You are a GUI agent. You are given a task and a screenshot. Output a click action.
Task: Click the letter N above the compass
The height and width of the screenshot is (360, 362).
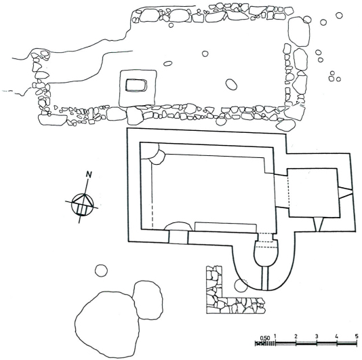(x=89, y=174)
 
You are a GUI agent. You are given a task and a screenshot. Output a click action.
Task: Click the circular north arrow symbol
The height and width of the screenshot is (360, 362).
(x=83, y=205)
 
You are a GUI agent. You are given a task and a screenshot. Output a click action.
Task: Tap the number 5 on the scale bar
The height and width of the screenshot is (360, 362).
(x=357, y=336)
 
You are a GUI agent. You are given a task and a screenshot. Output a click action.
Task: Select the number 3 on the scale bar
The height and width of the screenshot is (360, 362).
(x=317, y=336)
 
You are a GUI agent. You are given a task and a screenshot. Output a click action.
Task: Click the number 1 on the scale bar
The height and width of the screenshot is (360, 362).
(x=275, y=336)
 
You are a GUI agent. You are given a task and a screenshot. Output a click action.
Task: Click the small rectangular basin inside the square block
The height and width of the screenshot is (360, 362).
(x=136, y=85)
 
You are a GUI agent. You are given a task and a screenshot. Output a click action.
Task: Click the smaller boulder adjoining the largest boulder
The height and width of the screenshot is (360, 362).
(x=148, y=300)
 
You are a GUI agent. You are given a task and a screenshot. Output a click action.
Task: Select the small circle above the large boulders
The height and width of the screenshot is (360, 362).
(x=101, y=271)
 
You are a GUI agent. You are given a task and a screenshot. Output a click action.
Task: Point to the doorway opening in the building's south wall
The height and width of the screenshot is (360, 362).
(x=178, y=237)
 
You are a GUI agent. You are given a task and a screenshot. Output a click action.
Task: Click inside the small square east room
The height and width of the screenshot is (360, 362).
(x=313, y=193)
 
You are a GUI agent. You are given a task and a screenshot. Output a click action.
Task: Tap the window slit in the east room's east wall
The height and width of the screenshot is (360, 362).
(x=345, y=193)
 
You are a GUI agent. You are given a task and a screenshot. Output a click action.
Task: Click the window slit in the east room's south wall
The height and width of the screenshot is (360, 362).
(x=318, y=224)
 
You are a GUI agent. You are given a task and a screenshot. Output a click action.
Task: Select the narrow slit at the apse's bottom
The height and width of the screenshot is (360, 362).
(x=265, y=278)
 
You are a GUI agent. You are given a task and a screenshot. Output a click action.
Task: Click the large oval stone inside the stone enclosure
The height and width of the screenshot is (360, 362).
(x=231, y=84)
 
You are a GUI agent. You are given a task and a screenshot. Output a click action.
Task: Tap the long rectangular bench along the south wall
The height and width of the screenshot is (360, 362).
(x=226, y=226)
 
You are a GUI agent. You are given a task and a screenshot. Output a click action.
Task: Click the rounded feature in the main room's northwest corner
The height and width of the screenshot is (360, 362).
(x=153, y=154)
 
